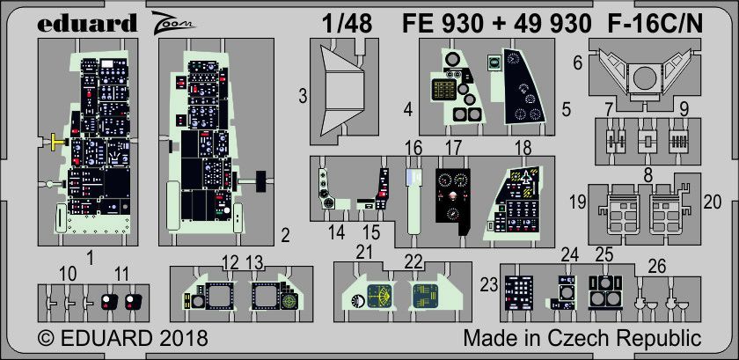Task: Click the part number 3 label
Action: [302, 96]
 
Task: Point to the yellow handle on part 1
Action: [55, 140]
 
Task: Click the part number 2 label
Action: [283, 234]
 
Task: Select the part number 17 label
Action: [453, 147]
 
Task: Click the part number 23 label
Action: [489, 283]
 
